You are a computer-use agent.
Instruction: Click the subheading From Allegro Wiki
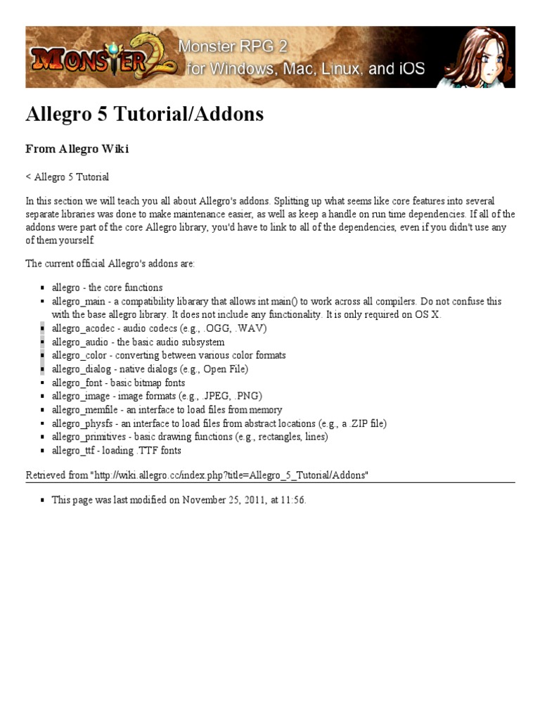pos(77,149)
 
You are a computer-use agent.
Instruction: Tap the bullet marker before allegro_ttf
pos(44,451)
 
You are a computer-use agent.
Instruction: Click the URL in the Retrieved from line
pos(229,475)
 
